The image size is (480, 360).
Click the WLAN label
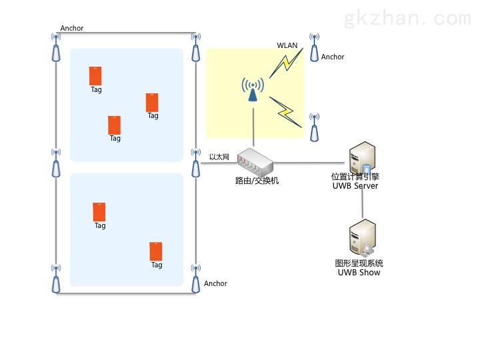(x=287, y=45)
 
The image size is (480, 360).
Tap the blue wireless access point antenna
(x=253, y=91)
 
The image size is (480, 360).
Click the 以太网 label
(x=219, y=157)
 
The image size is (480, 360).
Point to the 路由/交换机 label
(x=257, y=180)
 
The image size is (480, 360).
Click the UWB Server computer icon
(x=364, y=158)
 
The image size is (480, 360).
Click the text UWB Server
(x=355, y=186)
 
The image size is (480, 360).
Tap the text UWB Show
(x=359, y=272)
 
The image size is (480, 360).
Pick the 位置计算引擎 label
(x=355, y=177)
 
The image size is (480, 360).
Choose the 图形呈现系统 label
(x=359, y=263)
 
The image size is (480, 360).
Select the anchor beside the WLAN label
(x=313, y=49)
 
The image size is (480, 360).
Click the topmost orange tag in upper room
(x=95, y=75)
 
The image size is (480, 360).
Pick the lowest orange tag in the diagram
(x=156, y=251)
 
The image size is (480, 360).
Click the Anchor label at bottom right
(x=215, y=283)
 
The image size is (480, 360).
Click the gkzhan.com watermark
(x=406, y=19)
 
